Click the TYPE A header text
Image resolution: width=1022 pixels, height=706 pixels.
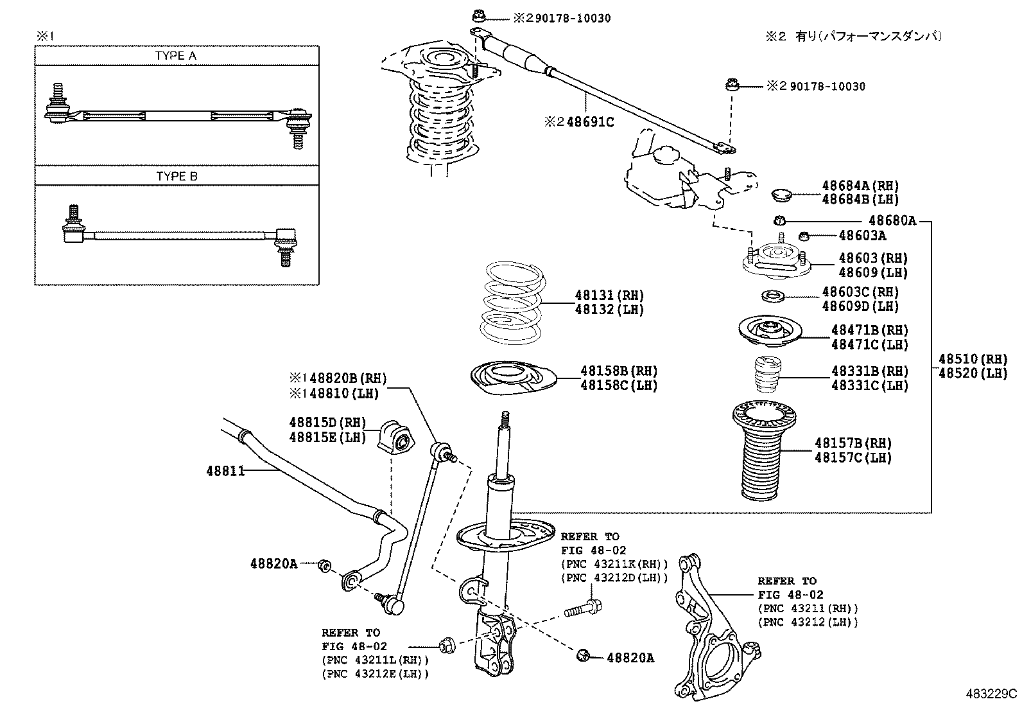coord(176,56)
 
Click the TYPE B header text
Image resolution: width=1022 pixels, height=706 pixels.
coord(177,176)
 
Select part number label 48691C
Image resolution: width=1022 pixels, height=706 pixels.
coord(590,121)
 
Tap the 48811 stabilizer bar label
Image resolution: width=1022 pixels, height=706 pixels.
coord(225,471)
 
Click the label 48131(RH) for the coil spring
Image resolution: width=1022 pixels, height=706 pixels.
coord(609,296)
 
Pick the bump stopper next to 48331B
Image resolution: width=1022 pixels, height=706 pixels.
coord(765,374)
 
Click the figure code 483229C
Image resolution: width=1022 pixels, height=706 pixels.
coord(992,694)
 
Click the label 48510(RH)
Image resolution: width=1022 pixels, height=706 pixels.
coord(973,359)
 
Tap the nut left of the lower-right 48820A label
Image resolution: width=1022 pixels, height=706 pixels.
coord(584,655)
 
